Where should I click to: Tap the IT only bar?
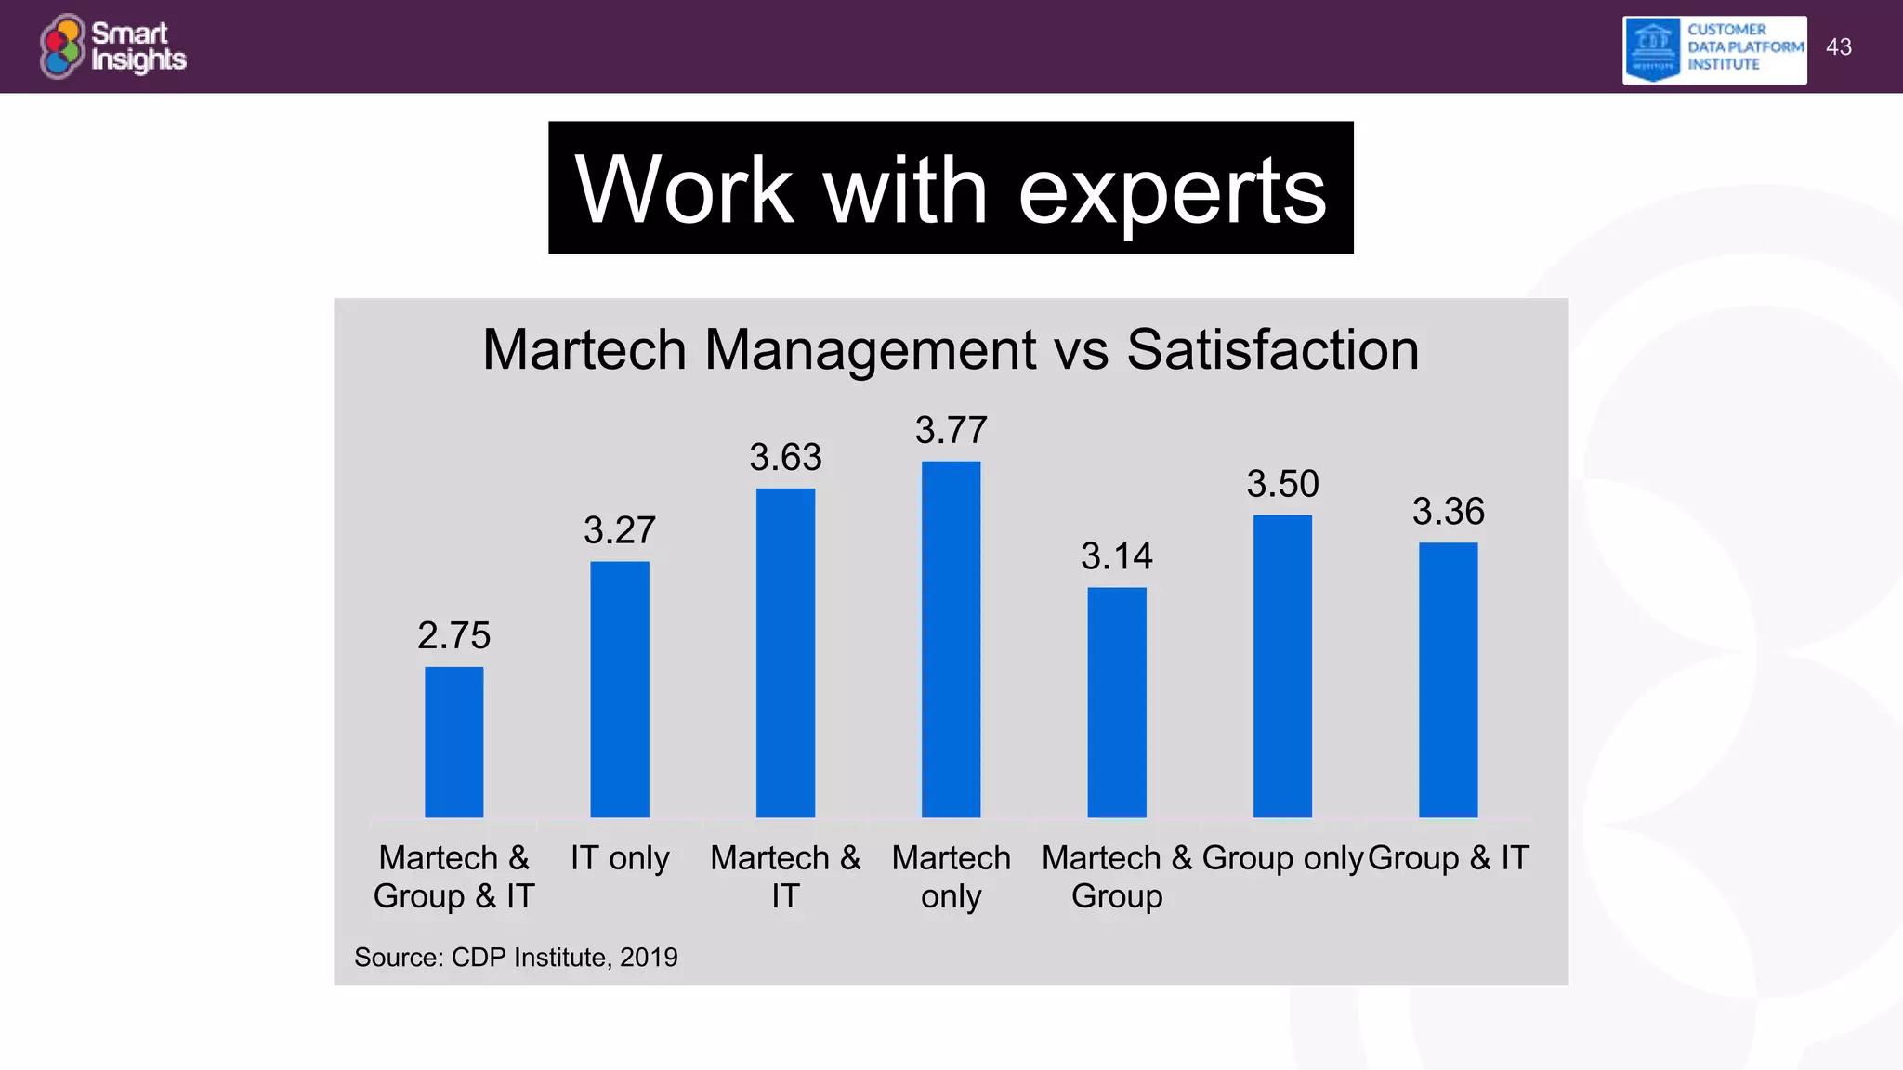pos(620,689)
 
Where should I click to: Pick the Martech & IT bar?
pos(785,652)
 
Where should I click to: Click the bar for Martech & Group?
pos(1117,702)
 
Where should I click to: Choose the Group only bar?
pos(1282,666)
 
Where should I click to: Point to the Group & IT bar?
pos(1448,680)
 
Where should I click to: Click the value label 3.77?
pos(951,430)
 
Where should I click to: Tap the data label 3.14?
pos(1117,556)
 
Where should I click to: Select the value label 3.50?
pos(1282,484)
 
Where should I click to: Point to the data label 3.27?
pos(620,530)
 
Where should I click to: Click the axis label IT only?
pos(620,857)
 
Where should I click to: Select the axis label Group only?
pos(1282,857)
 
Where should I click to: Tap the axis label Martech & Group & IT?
pos(453,876)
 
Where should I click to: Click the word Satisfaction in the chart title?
pos(1272,350)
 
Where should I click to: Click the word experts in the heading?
pos(1173,190)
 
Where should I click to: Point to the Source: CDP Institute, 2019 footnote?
pos(516,957)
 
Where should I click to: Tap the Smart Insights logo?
pos(112,46)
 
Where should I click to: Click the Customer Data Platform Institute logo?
pos(1714,49)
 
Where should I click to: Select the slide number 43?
pos(1838,46)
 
